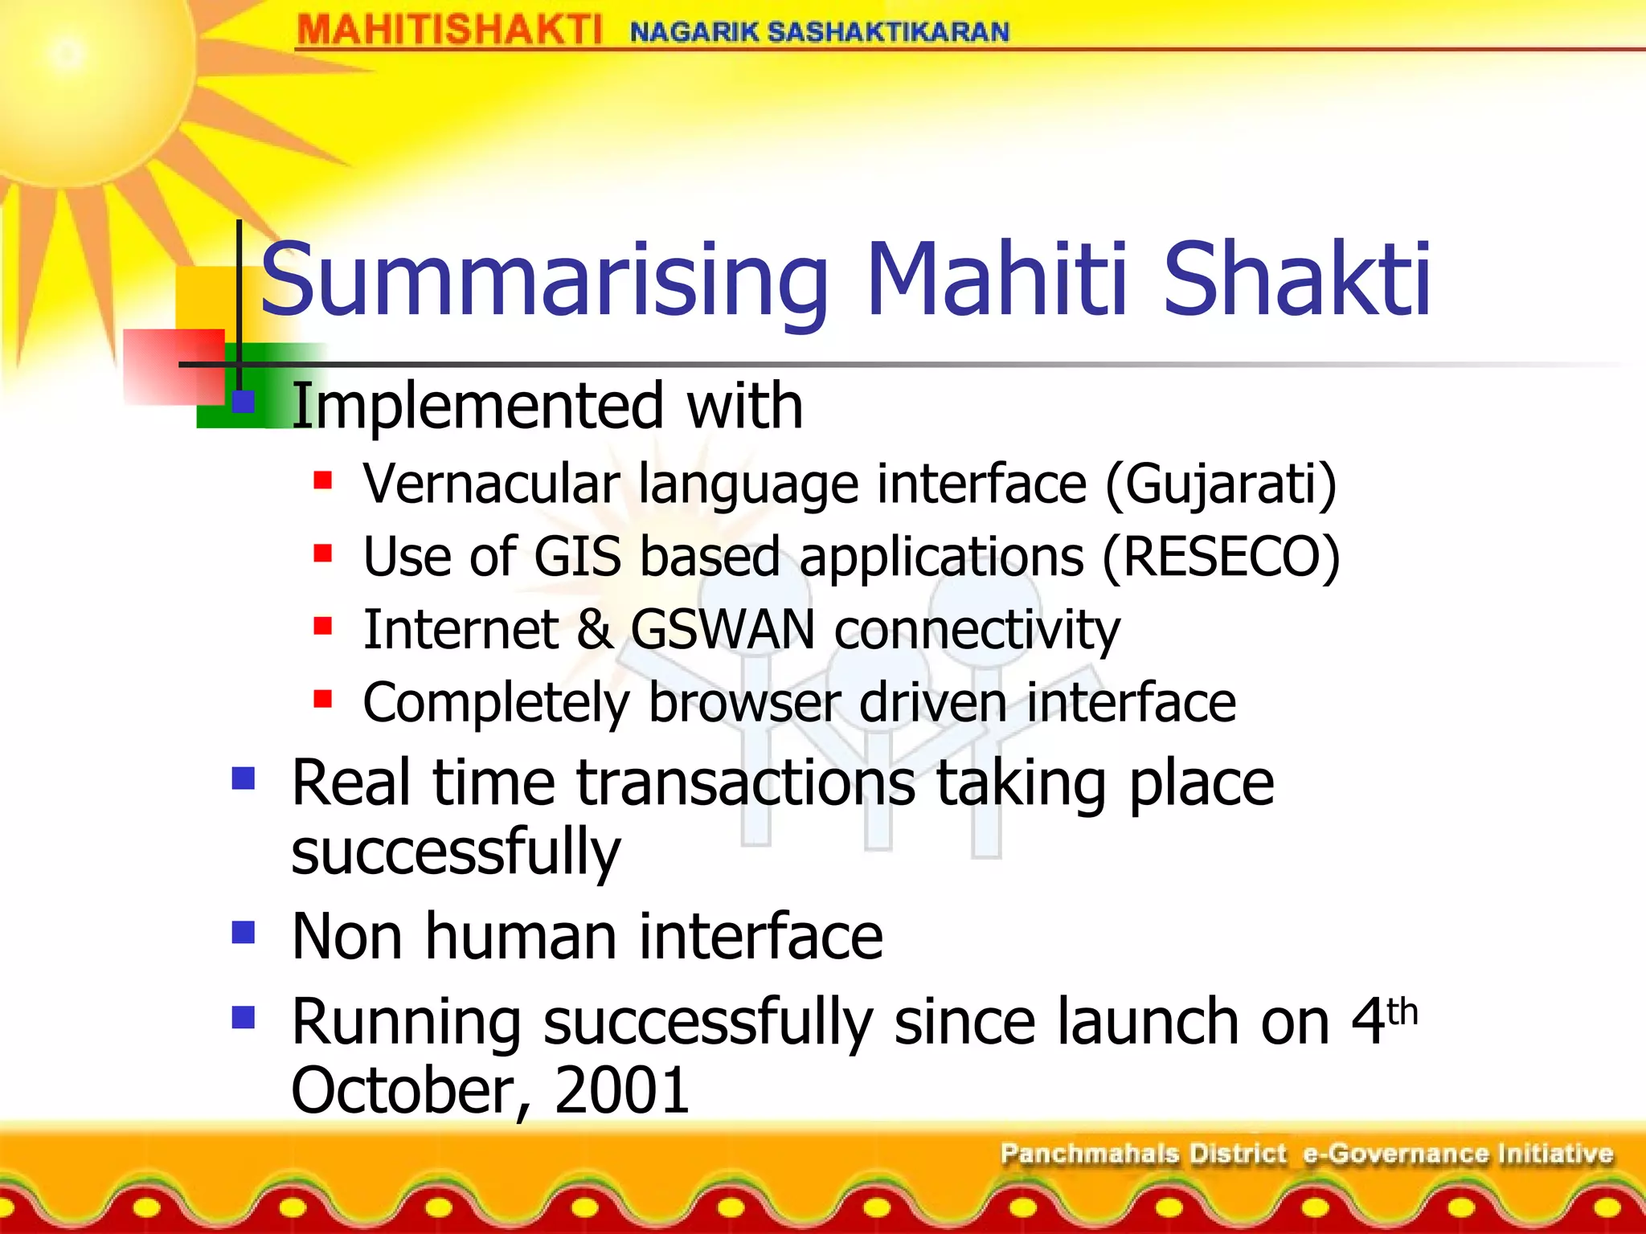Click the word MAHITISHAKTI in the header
tap(448, 31)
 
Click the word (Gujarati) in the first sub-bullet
tap(1221, 484)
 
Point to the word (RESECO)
tap(1221, 557)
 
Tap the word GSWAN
tap(722, 629)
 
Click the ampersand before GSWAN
tap(594, 629)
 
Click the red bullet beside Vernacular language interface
tap(323, 481)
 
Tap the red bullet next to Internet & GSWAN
tap(323, 626)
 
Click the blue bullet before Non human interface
tap(243, 932)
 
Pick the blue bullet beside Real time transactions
tap(243, 778)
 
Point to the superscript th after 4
tap(1402, 1011)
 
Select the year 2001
tap(621, 1090)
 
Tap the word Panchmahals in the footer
tap(1089, 1154)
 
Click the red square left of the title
tap(174, 366)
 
